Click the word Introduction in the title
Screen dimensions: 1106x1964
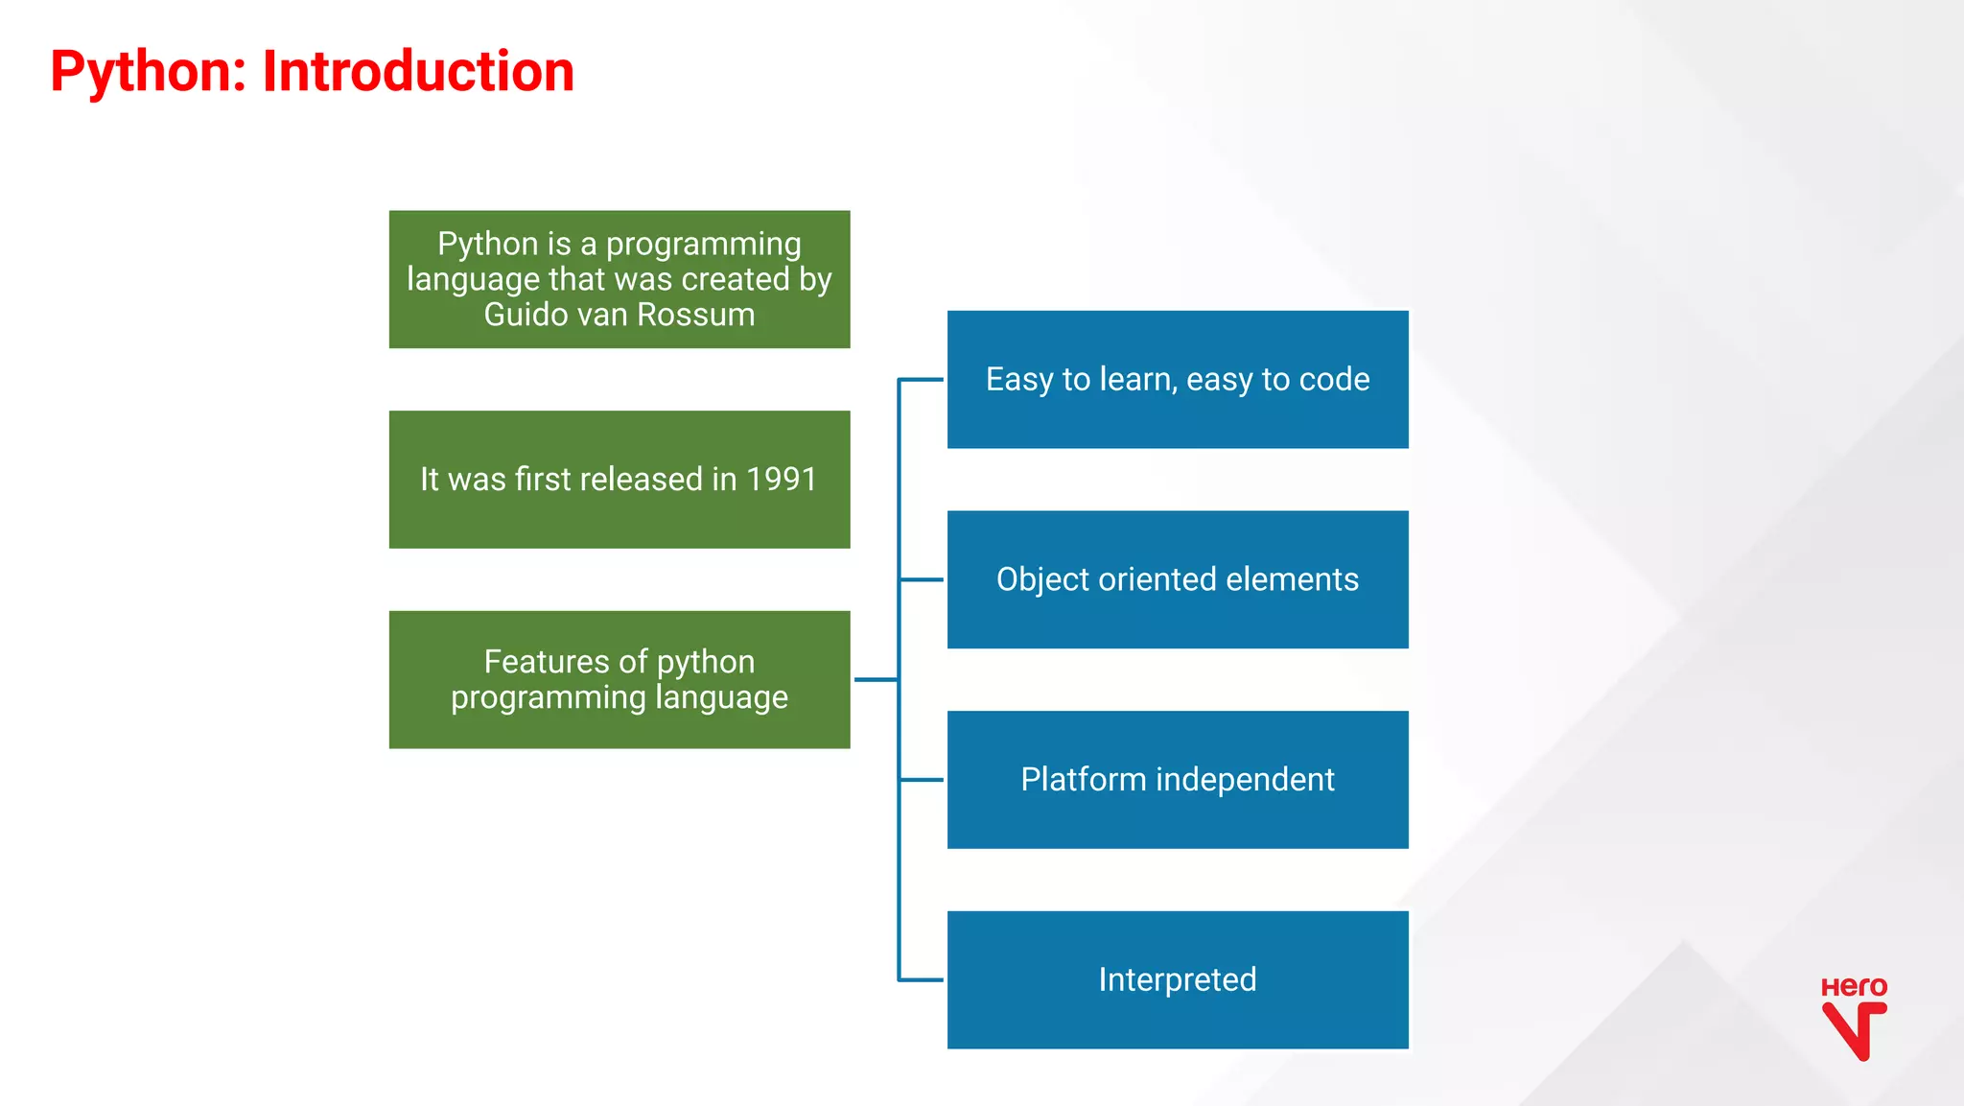[x=417, y=72]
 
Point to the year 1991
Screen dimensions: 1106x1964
[x=781, y=479]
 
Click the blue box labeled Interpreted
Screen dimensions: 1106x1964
[x=1177, y=979]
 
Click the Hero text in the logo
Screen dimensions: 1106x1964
[x=1853, y=987]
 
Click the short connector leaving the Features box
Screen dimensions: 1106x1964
[x=875, y=679]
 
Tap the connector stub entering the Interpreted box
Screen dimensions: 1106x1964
[x=922, y=979]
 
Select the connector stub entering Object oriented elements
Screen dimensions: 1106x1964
[x=922, y=579]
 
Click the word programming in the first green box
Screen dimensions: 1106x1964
[x=703, y=245]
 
